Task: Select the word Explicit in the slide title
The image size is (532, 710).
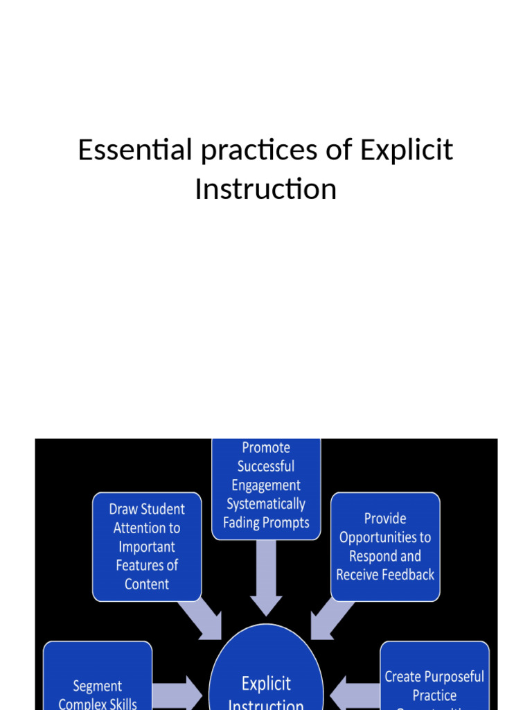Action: click(406, 150)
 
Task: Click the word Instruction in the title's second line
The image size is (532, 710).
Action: click(265, 189)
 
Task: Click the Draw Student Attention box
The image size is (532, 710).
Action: click(147, 546)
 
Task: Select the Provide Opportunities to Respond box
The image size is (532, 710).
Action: click(385, 546)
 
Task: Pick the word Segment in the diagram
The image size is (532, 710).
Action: click(98, 686)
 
